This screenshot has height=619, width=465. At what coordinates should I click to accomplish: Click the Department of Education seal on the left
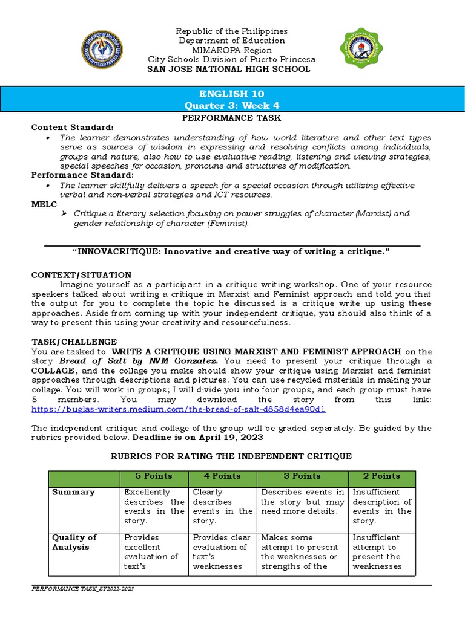tap(102, 50)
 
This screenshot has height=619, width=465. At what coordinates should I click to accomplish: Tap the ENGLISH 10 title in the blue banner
tap(232, 94)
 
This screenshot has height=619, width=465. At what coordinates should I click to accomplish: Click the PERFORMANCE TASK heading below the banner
tap(232, 118)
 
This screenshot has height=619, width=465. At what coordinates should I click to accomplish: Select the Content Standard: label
tap(72, 128)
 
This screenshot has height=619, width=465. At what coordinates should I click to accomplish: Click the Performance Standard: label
tap(82, 175)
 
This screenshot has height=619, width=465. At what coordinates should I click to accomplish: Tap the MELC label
tap(42, 204)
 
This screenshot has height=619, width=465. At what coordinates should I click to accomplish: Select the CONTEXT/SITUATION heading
tap(81, 275)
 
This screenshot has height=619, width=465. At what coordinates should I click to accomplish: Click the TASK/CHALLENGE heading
tap(74, 342)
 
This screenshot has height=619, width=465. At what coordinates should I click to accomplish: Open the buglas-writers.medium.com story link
tap(179, 409)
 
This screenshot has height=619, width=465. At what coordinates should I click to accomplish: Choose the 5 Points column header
tap(153, 476)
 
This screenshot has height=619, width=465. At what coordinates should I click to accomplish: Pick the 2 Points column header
tap(381, 476)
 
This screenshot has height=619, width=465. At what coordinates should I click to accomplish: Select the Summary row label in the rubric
tap(73, 492)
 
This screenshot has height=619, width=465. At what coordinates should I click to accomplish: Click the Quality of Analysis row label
tap(74, 542)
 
